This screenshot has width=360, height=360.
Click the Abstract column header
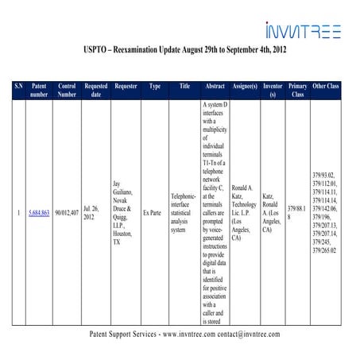point(215,84)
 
